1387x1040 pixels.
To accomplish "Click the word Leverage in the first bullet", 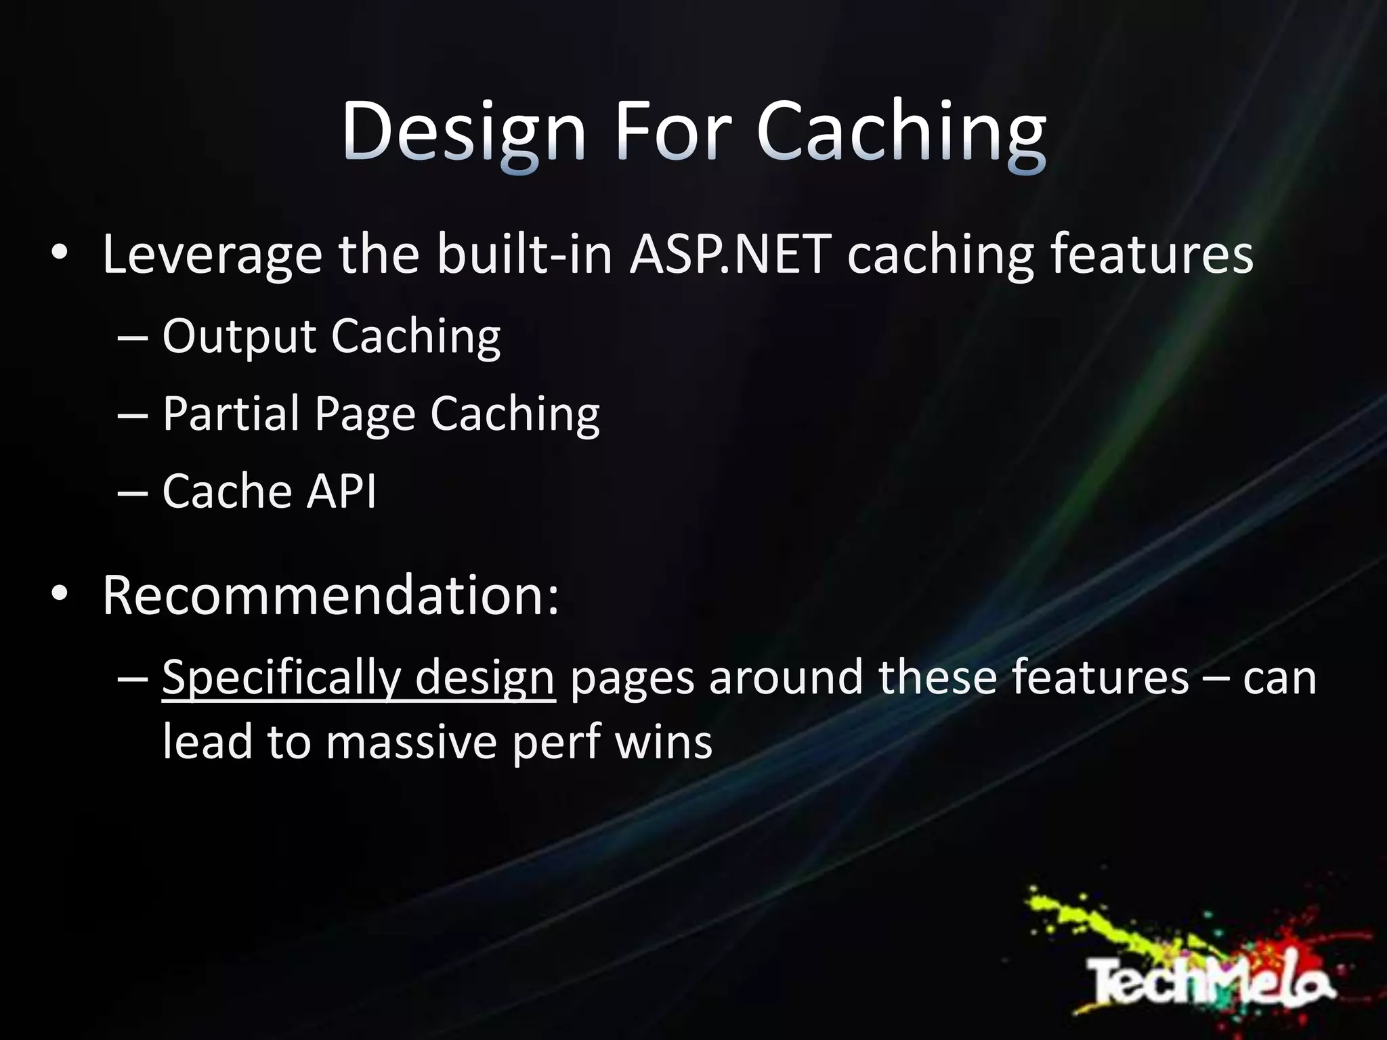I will tap(212, 255).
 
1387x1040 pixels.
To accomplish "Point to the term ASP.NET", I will tap(730, 255).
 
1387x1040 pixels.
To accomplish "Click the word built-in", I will tap(525, 255).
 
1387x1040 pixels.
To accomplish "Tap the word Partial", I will tap(231, 413).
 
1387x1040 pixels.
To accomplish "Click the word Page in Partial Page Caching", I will tap(364, 414).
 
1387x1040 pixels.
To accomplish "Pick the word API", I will tap(341, 491).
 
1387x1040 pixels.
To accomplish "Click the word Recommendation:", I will tap(331, 595).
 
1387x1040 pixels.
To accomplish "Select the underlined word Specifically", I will tap(282, 677).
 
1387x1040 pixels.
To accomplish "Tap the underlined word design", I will tap(485, 677).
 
